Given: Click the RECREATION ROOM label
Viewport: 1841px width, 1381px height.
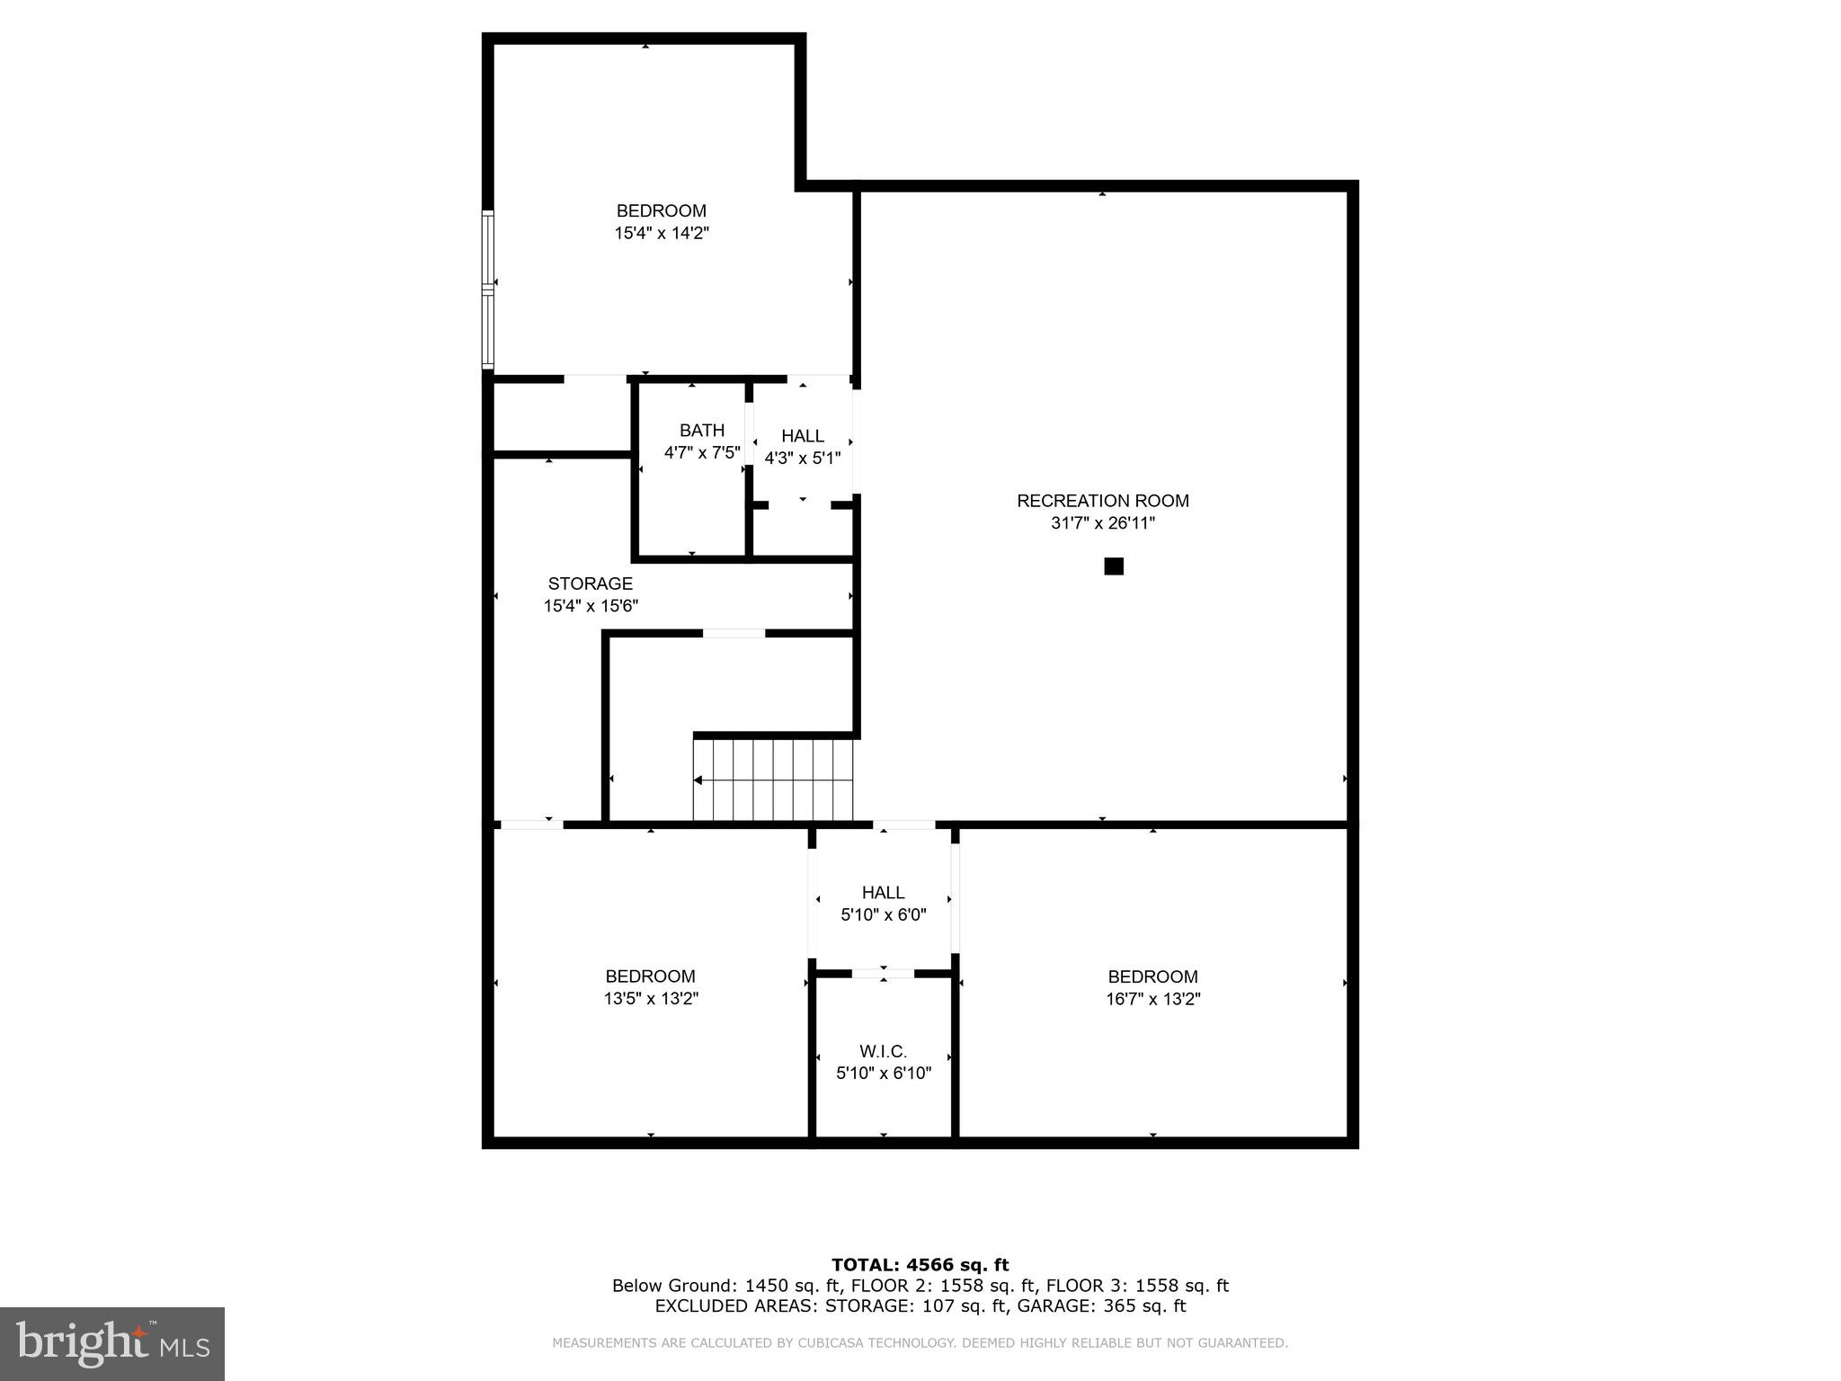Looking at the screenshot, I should pos(1102,501).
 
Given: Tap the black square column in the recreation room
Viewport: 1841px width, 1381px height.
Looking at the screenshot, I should pos(1114,566).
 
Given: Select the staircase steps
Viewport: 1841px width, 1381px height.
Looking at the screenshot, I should pos(773,780).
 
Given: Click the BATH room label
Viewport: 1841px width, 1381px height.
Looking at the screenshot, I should pos(701,431).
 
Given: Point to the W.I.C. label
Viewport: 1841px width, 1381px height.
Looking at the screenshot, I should pos(883,1051).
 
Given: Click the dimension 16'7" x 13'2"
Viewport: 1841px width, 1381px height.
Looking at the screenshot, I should pos(1152,999).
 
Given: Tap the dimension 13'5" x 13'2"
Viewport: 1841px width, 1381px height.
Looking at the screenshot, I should pos(650,999).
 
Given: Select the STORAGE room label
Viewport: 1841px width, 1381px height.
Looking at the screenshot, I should pos(590,584).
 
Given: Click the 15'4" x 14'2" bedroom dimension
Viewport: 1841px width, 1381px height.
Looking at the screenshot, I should pos(662,234).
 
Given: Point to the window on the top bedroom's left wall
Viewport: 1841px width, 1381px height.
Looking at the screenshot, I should pos(488,289).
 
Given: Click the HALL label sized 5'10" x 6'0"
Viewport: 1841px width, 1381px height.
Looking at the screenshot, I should pos(883,893).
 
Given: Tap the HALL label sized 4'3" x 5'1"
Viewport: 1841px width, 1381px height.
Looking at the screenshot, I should pos(802,436).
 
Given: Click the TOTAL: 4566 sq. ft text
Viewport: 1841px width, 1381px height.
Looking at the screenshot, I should pos(920,1265).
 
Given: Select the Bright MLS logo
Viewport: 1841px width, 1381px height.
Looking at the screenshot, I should pos(112,1343).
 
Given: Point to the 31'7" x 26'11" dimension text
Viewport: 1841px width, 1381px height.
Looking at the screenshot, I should pos(1102,523).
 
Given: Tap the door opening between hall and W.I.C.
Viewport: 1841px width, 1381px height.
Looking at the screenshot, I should pos(883,973).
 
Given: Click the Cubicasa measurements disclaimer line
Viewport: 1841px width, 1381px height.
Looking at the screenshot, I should pos(920,1343).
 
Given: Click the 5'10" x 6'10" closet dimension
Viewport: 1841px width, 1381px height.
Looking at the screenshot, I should pos(883,1074).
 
